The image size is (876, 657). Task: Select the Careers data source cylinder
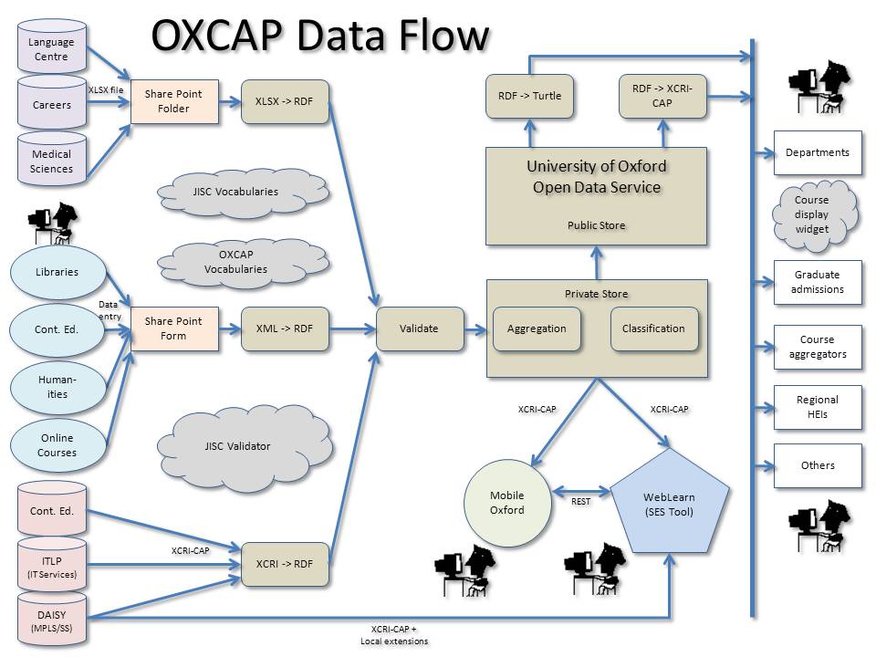pos(51,105)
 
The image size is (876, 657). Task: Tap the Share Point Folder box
pos(173,101)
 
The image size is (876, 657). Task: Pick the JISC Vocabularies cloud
pos(235,192)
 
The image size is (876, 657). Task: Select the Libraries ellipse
pos(57,272)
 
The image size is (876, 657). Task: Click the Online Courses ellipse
pos(57,445)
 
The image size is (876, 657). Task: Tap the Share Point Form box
pos(173,328)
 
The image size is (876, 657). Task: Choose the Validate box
pos(419,328)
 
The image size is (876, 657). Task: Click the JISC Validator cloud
pos(237,446)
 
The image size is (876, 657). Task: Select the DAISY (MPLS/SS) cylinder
pos(52,621)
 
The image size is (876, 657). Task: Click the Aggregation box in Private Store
pos(537,328)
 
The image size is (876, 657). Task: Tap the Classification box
pos(653,328)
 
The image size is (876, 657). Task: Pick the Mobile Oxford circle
pos(507,503)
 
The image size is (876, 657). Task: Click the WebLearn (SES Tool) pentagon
pos(669,505)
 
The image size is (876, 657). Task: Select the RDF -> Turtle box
pos(530,96)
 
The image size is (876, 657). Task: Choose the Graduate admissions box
pos(817,282)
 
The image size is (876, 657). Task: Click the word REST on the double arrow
pos(580,501)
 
